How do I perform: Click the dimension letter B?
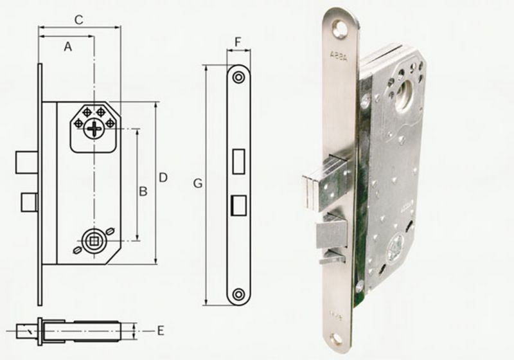pyautogui.click(x=144, y=191)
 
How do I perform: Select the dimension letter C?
pyautogui.click(x=78, y=19)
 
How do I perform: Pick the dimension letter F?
pyautogui.click(x=238, y=42)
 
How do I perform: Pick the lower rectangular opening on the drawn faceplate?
pyautogui.click(x=238, y=205)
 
